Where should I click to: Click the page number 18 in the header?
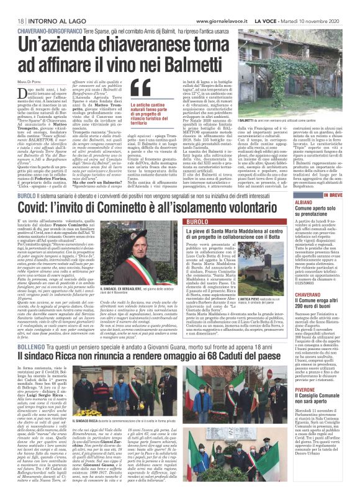pos(12,5)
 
